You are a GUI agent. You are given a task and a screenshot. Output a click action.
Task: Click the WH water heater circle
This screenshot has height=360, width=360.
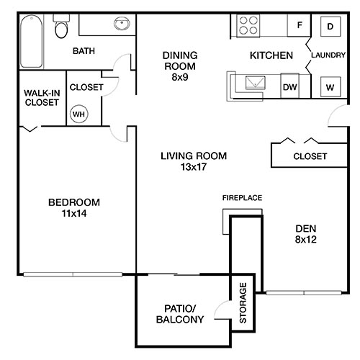(77, 113)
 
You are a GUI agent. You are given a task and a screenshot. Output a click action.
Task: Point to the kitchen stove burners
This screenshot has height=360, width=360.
(248, 26)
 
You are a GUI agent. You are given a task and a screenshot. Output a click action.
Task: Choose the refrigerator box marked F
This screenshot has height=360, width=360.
(297, 26)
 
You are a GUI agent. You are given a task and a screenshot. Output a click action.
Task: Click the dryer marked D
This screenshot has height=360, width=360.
(330, 27)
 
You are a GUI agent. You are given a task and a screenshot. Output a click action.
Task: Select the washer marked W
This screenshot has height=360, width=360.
(330, 86)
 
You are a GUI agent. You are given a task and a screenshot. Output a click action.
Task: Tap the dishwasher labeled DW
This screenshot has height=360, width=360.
(289, 86)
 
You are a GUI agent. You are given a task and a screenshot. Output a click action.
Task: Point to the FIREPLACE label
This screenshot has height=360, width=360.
(241, 197)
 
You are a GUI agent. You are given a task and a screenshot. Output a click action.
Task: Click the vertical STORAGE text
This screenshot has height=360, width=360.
(244, 302)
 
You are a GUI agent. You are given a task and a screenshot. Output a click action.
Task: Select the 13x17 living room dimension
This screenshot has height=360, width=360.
(193, 168)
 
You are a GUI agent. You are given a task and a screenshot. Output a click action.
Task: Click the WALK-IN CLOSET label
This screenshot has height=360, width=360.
(41, 97)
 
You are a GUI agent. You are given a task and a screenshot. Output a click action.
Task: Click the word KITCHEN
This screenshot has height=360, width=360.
(271, 55)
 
